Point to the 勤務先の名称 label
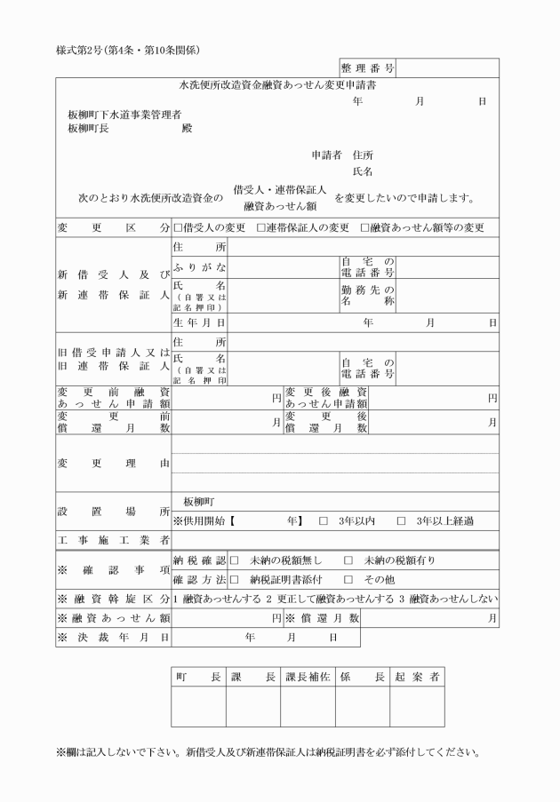367,295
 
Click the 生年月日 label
199,322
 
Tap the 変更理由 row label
113,463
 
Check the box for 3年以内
324,520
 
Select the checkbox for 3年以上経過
401,520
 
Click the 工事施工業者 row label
113,540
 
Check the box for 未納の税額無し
236,561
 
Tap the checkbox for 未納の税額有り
348,561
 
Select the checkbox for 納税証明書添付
236,579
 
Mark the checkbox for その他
348,579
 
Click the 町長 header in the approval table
198,677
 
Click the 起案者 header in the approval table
417,677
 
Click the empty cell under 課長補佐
308,708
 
